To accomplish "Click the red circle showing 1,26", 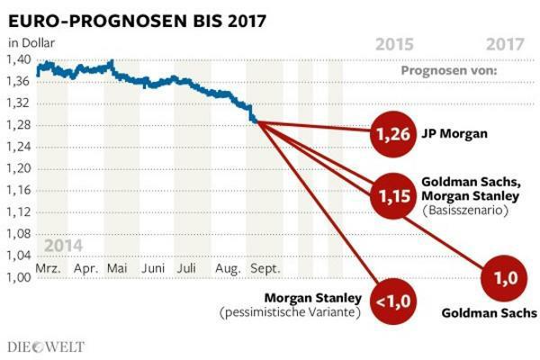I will point(392,135).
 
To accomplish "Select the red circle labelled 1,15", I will point(392,193).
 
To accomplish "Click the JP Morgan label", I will point(455,135).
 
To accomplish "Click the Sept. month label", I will point(264,268).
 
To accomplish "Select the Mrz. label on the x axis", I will point(49,268).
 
